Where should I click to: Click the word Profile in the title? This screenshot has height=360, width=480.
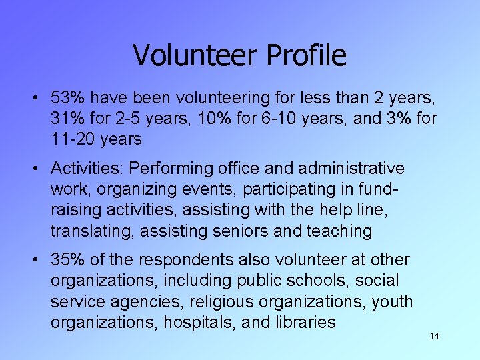pos(306,55)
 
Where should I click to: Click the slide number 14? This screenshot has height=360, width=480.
pos(434,336)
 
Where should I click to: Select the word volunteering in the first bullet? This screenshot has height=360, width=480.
pos(221,98)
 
